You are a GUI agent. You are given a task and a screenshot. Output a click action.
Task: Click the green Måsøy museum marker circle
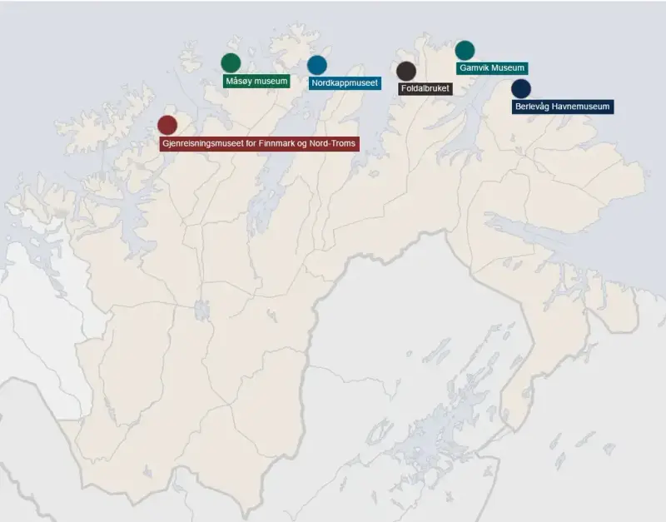coord(231,62)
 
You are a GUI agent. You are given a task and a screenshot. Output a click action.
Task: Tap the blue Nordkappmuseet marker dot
coord(317,65)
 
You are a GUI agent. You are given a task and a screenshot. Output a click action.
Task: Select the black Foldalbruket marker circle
coord(406,72)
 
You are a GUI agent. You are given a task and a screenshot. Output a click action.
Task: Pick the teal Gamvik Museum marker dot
coord(465,50)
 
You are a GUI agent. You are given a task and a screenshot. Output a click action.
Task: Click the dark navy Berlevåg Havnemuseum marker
coord(521,89)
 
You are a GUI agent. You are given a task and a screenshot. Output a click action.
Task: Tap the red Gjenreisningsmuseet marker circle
coord(167,125)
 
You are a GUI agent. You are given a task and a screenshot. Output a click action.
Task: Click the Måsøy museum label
coord(257,82)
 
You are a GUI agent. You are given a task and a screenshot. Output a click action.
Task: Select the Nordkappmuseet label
coord(345,83)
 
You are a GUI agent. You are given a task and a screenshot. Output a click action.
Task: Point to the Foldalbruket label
coord(425,88)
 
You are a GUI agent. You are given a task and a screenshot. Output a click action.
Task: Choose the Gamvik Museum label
coord(492,68)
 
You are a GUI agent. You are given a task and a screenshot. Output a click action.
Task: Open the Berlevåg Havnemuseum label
coord(562,107)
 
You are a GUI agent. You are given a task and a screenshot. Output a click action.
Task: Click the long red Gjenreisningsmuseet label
coord(259,143)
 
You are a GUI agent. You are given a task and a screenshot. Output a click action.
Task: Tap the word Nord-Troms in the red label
coord(334,143)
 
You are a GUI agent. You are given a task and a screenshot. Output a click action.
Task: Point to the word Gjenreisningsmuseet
coord(203,143)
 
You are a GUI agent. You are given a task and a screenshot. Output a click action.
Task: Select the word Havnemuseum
coord(583,107)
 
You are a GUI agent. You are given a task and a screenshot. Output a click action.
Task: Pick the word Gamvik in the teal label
coord(475,68)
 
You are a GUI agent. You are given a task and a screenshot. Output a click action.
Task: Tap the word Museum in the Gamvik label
coord(508,68)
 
